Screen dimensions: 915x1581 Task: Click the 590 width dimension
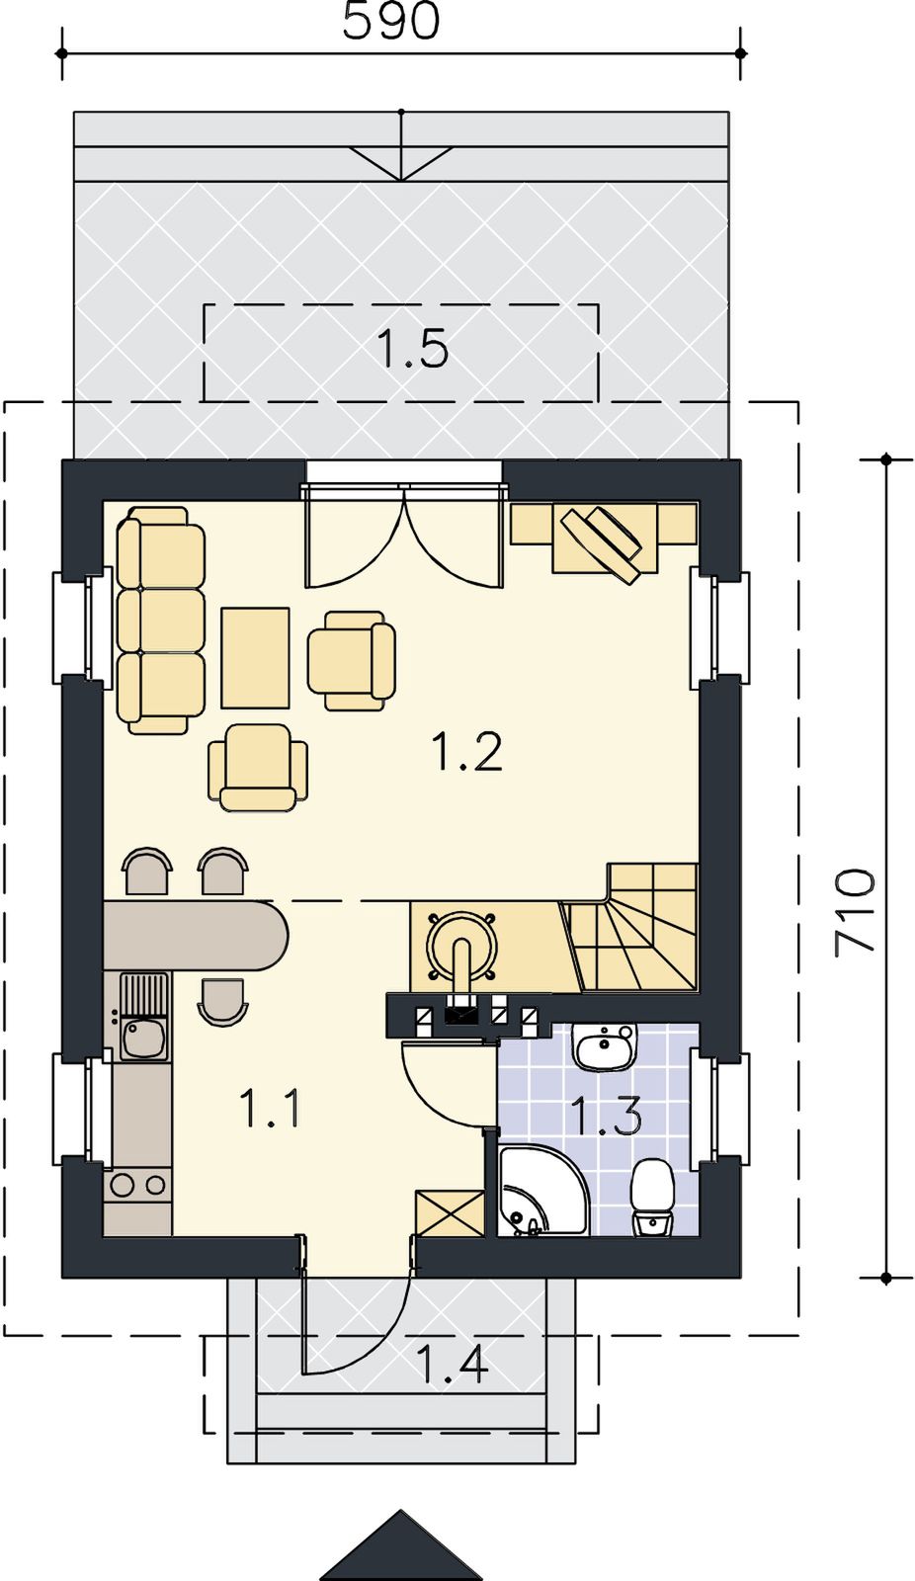(390, 21)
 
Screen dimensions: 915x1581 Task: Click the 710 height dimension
(855, 912)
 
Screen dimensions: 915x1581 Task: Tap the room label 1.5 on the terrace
(413, 350)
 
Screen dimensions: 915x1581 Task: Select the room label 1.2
(467, 752)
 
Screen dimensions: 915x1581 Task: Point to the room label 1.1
(271, 1108)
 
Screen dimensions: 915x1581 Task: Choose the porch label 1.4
(453, 1364)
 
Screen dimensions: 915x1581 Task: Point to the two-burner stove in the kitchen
(137, 1184)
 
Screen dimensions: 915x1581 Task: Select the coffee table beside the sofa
(256, 657)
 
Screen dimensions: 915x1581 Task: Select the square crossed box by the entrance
(449, 1212)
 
